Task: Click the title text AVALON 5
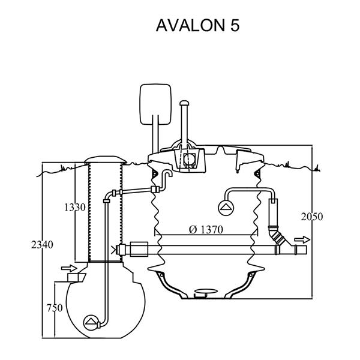[x=197, y=26]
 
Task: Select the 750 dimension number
[x=55, y=308]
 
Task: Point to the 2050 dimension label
[x=312, y=217]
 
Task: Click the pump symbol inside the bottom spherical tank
[x=91, y=321]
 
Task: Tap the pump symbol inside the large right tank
[x=226, y=208]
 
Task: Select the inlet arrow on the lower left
[x=69, y=268]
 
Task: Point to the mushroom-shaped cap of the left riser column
[x=106, y=159]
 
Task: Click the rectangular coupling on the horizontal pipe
[x=139, y=248]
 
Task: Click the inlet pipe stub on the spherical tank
[x=75, y=278]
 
